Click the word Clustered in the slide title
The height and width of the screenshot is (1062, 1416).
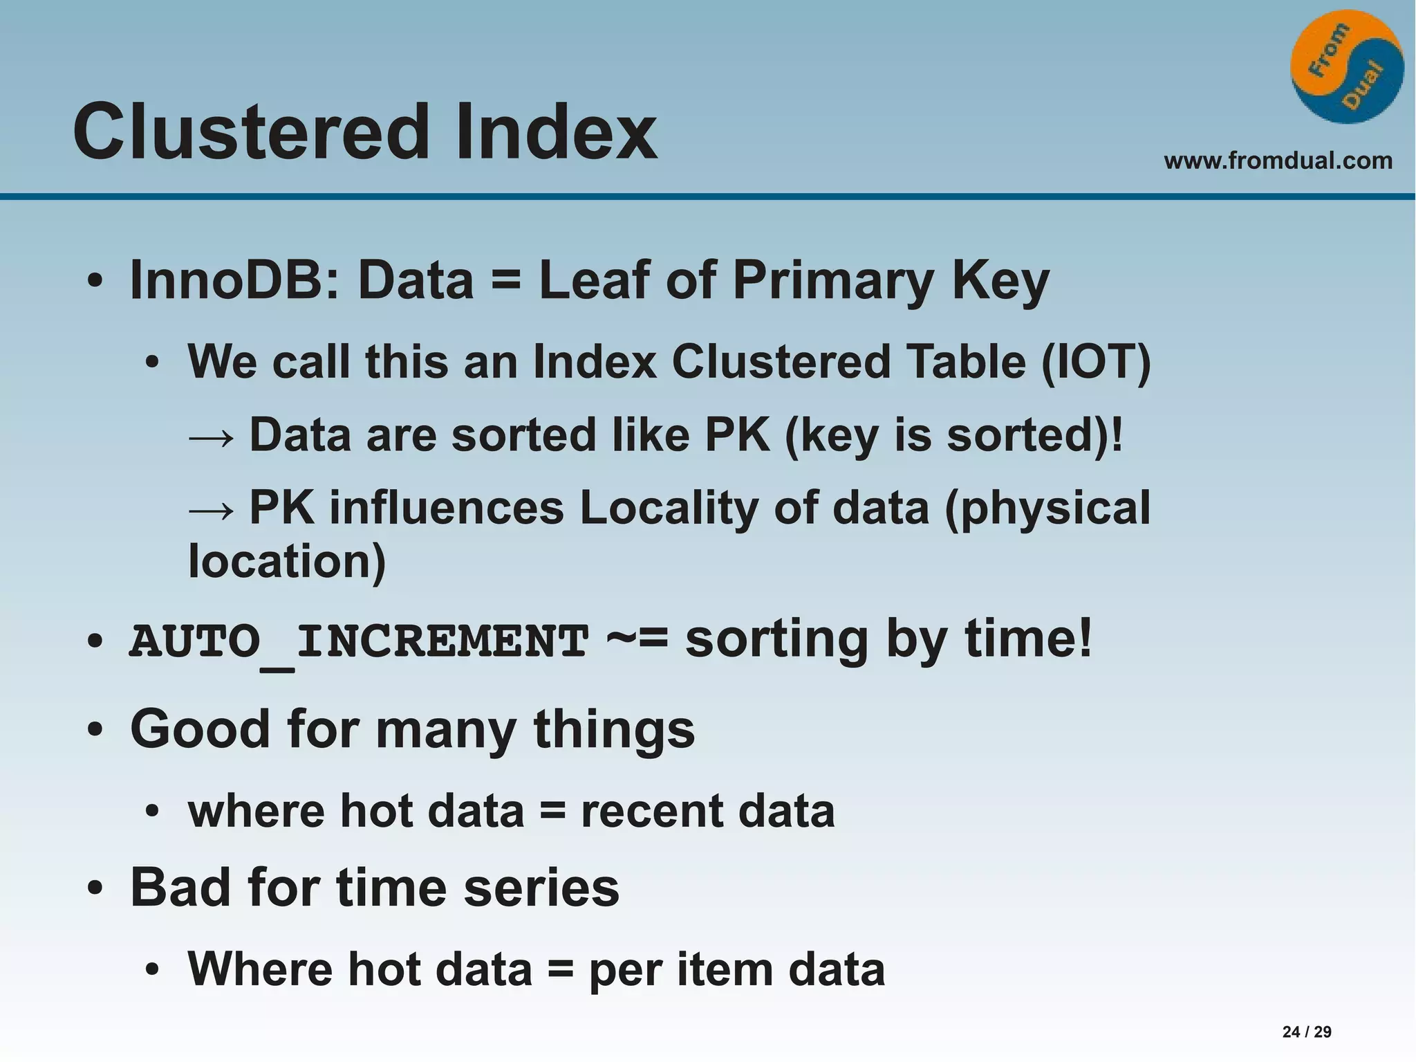[250, 131]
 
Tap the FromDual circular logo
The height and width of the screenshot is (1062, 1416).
[1346, 67]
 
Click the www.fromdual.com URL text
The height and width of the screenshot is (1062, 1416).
[1278, 161]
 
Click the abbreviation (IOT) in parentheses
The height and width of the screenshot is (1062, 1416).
[1096, 362]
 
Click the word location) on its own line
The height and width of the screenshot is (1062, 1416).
[287, 560]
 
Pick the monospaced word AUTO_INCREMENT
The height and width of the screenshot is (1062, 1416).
[359, 641]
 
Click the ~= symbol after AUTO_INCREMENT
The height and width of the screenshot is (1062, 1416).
[637, 639]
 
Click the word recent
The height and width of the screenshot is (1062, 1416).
[651, 811]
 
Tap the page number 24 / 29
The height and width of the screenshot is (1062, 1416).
[1306, 1032]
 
